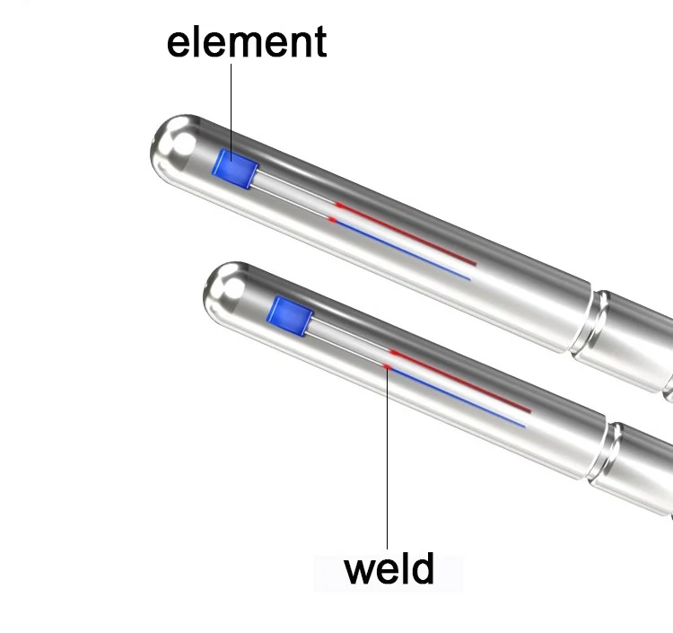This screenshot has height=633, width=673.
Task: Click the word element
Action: click(x=247, y=41)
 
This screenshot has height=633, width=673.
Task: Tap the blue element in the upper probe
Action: click(x=235, y=169)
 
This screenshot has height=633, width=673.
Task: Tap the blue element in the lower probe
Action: click(x=290, y=316)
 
